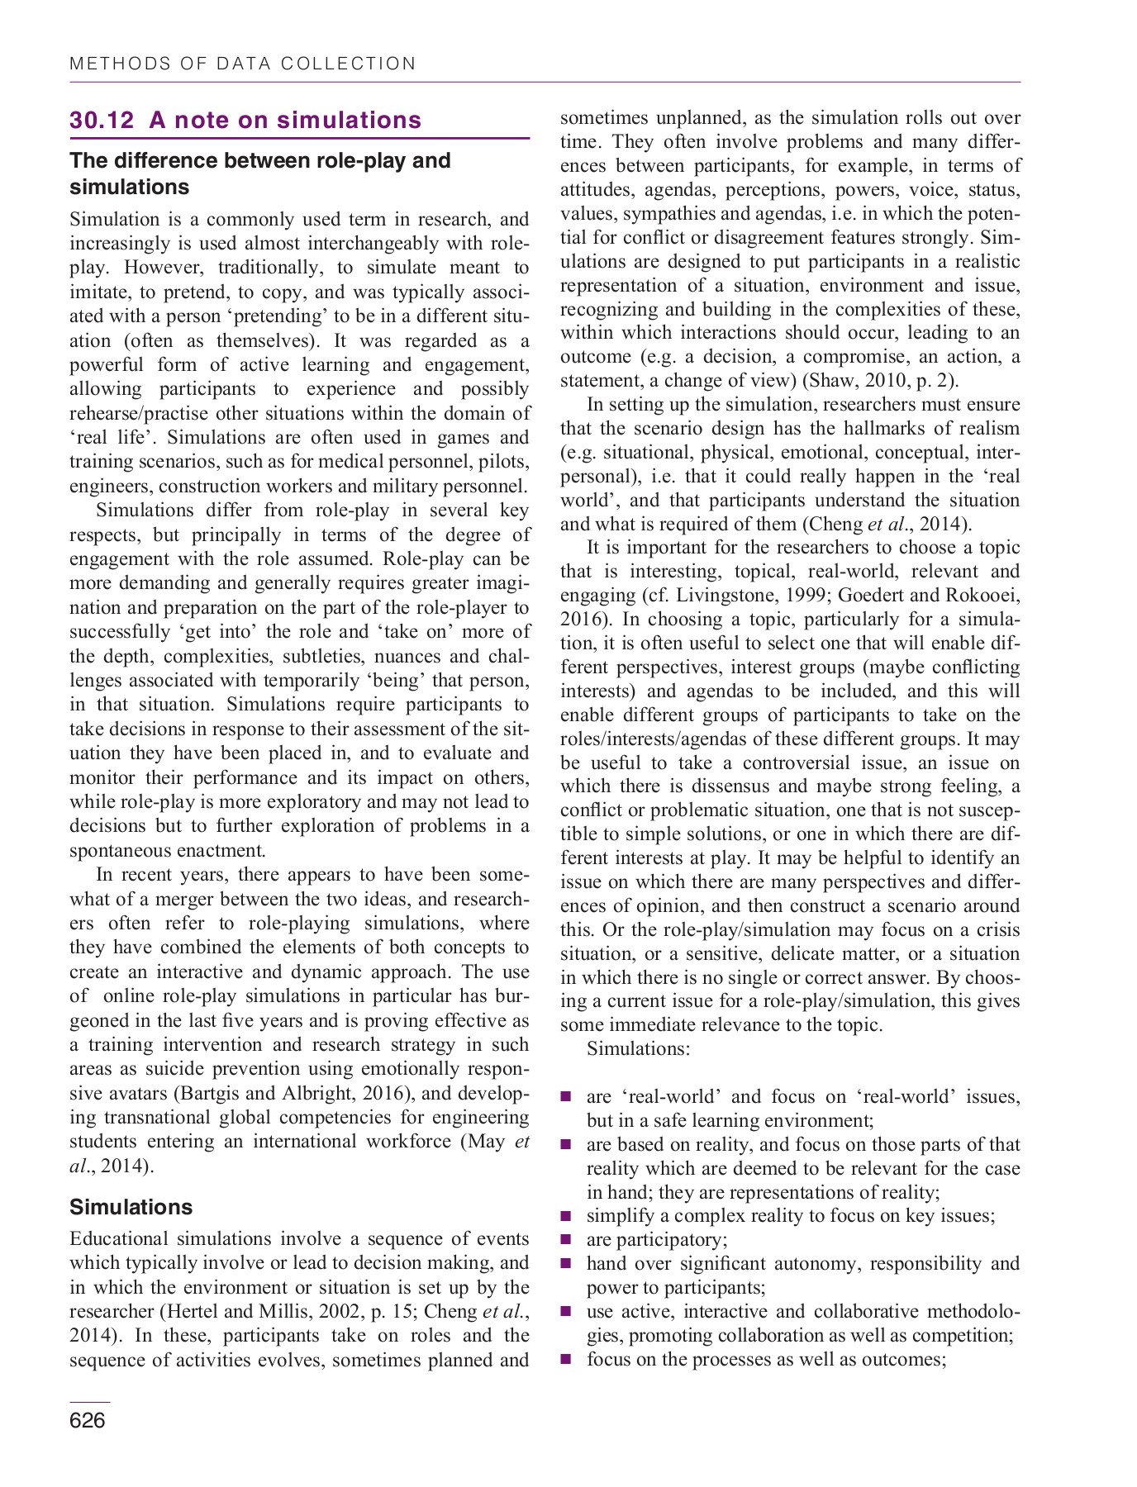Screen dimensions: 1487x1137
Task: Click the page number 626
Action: (x=88, y=1420)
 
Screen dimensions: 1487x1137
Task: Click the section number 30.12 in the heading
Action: (x=102, y=121)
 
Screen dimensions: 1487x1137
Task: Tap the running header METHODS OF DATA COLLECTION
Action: (x=243, y=64)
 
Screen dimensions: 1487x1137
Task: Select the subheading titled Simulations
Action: (x=131, y=1207)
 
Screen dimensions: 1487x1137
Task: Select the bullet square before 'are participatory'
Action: (x=566, y=1240)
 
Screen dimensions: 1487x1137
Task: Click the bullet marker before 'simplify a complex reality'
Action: (x=566, y=1216)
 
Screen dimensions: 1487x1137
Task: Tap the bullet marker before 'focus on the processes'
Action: (x=566, y=1360)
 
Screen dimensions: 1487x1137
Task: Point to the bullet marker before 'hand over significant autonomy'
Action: (x=566, y=1264)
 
